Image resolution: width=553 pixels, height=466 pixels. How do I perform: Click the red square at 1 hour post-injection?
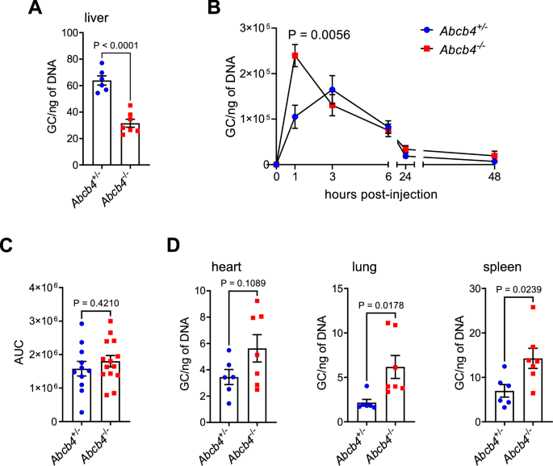tap(295, 56)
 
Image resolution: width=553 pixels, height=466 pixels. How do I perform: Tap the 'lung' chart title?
tap(375, 269)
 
